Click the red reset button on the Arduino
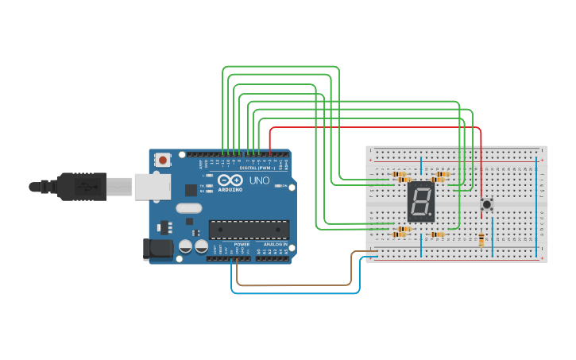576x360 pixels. (x=163, y=160)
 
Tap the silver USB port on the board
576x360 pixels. (x=152, y=188)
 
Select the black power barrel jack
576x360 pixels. (x=157, y=249)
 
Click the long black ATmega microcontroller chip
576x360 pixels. (x=248, y=229)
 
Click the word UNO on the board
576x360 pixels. (x=260, y=181)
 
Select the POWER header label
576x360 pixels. (x=242, y=244)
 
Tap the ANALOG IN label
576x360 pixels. (x=275, y=244)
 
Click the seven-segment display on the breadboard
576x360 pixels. (x=421, y=202)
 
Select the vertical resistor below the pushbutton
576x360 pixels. (x=481, y=240)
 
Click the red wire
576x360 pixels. (x=373, y=127)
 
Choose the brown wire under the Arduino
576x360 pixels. (x=294, y=284)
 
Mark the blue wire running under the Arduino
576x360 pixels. (x=294, y=292)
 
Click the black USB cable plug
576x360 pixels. (x=79, y=187)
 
